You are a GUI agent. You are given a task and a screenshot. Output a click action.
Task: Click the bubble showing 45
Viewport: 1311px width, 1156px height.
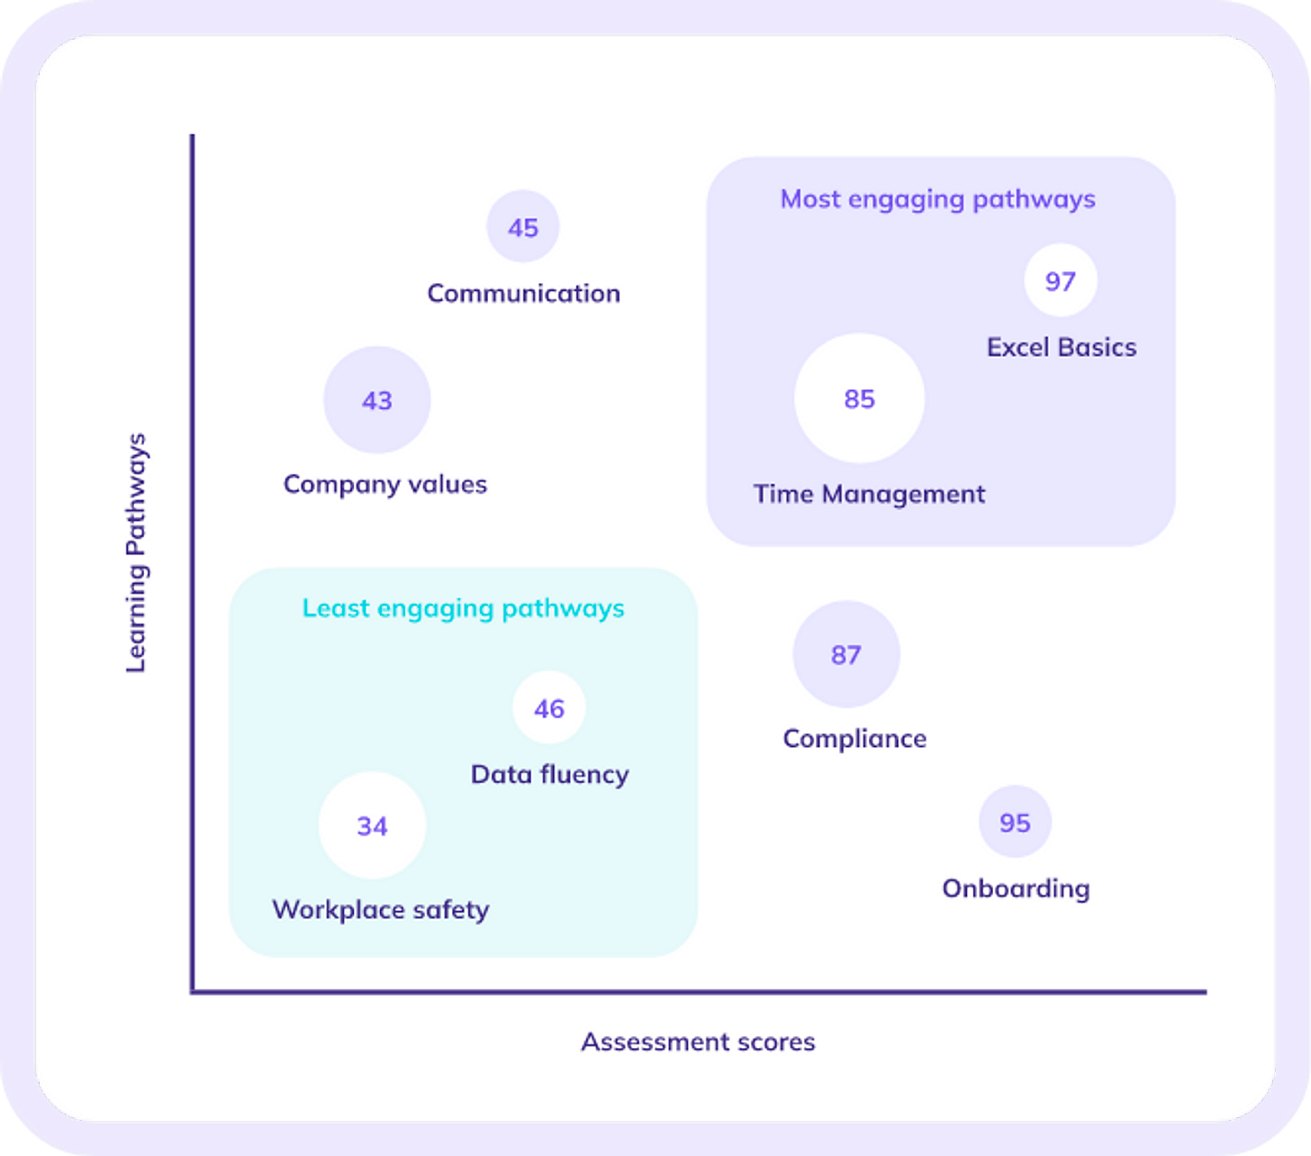[523, 226]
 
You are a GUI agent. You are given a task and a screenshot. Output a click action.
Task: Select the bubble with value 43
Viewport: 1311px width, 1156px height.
[377, 399]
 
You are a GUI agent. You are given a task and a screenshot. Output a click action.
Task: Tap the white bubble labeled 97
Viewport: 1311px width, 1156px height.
[1061, 280]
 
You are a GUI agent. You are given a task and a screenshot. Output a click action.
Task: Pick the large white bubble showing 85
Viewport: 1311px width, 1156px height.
[859, 398]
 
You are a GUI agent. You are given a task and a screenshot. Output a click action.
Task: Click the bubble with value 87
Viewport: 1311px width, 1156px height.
[846, 654]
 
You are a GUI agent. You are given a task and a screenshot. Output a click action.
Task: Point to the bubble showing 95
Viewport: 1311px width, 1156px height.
[1015, 822]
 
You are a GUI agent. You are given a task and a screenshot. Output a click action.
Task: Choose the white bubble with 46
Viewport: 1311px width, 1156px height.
[549, 707]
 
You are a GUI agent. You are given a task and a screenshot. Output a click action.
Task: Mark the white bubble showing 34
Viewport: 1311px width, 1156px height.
[372, 825]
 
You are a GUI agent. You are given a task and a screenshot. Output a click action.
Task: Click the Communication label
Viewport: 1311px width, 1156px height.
[523, 293]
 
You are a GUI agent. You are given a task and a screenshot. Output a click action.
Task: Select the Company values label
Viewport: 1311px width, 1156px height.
[385, 484]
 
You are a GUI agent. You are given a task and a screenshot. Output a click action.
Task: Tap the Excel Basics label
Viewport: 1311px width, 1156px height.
[1062, 347]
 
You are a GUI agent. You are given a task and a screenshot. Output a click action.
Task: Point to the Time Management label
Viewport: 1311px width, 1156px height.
[869, 494]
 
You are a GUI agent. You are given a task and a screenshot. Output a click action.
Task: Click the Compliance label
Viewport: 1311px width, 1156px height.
[854, 738]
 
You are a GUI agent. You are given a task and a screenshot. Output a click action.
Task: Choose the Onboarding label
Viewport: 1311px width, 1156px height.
[1016, 888]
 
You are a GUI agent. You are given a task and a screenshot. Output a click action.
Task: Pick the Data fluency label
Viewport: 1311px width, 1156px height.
[549, 774]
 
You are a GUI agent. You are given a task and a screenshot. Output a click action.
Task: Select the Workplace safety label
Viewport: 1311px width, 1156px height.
[381, 909]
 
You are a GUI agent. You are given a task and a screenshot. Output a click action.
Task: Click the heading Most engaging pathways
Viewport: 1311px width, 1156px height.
[937, 199]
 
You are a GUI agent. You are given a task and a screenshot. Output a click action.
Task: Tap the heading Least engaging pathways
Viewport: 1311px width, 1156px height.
[463, 608]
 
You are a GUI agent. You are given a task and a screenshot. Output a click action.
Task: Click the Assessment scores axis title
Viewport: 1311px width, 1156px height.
[698, 1042]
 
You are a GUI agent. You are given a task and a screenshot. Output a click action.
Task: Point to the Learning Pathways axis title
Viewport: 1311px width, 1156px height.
[136, 552]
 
